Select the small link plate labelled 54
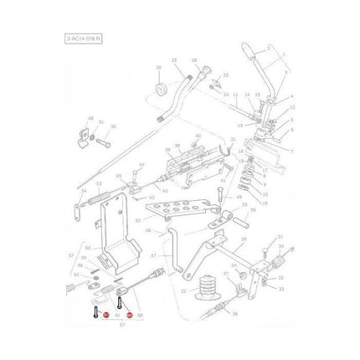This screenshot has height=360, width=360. (x=130, y=186)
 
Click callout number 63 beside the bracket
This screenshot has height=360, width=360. (x=88, y=249)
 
